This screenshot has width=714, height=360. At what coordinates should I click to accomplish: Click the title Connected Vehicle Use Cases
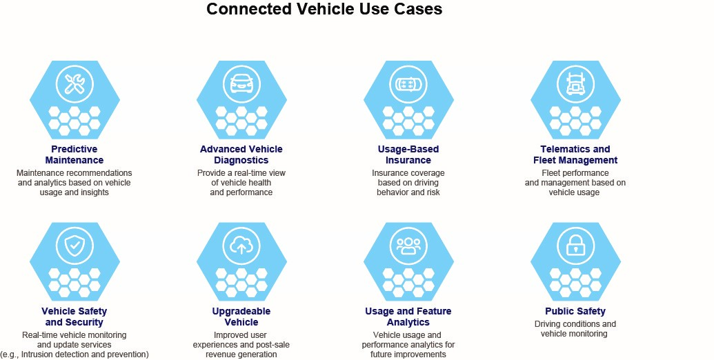(x=324, y=9)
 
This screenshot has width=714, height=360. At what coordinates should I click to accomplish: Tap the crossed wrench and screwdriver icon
(x=75, y=84)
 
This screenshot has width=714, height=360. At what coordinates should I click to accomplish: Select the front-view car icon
(x=241, y=84)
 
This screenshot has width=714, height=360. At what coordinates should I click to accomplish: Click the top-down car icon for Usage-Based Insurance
(x=408, y=84)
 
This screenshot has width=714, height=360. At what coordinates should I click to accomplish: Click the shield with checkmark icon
(x=75, y=246)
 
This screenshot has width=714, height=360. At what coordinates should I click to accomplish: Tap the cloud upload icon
(x=241, y=246)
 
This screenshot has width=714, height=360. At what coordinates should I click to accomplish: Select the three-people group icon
(x=408, y=246)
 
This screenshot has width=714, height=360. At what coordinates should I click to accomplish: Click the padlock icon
(x=575, y=246)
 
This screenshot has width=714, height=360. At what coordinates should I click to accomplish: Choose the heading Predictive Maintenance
(x=75, y=154)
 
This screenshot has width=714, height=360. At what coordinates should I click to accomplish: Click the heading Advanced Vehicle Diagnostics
(x=241, y=154)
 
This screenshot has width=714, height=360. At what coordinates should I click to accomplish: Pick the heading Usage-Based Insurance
(x=408, y=154)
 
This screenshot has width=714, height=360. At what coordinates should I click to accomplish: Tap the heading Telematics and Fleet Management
(x=575, y=154)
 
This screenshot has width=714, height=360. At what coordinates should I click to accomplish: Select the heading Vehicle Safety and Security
(x=75, y=317)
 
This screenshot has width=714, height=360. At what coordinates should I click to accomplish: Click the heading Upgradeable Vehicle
(x=241, y=317)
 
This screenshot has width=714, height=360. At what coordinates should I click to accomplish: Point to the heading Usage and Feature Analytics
(x=408, y=317)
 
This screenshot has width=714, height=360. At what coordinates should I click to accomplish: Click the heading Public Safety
(x=575, y=311)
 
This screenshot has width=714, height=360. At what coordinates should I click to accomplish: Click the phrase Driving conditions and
(x=575, y=324)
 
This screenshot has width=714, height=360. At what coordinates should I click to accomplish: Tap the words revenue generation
(x=241, y=354)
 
